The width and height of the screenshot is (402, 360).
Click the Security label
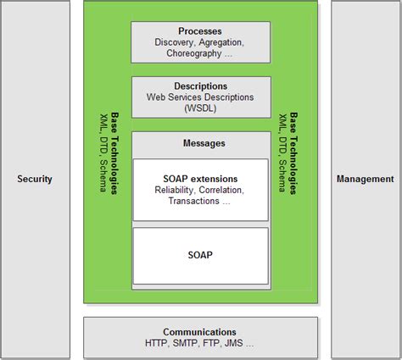pyautogui.click(x=35, y=179)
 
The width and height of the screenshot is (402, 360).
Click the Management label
pyautogui.click(x=365, y=179)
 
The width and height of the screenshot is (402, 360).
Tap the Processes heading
pyautogui.click(x=200, y=31)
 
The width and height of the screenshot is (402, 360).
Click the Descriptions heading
pyautogui.click(x=200, y=86)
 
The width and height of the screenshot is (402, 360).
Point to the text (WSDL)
pyautogui.click(x=200, y=108)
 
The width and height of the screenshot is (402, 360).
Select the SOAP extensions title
pyautogui.click(x=200, y=179)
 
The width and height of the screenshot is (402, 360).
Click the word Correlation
pyautogui.click(x=221, y=190)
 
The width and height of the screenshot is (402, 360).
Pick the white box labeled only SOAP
pyautogui.click(x=200, y=254)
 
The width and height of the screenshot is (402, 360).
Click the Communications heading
pyautogui.click(x=200, y=332)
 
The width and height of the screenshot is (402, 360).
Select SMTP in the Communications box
pyautogui.click(x=187, y=343)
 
